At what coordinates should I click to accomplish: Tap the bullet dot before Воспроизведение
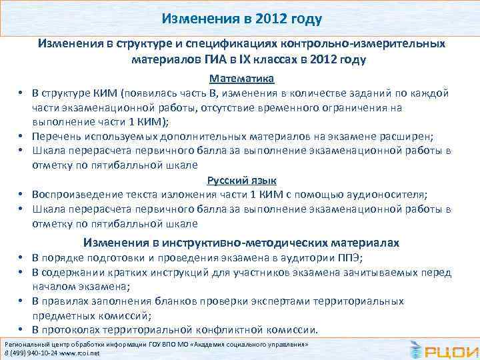[x=21, y=195]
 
